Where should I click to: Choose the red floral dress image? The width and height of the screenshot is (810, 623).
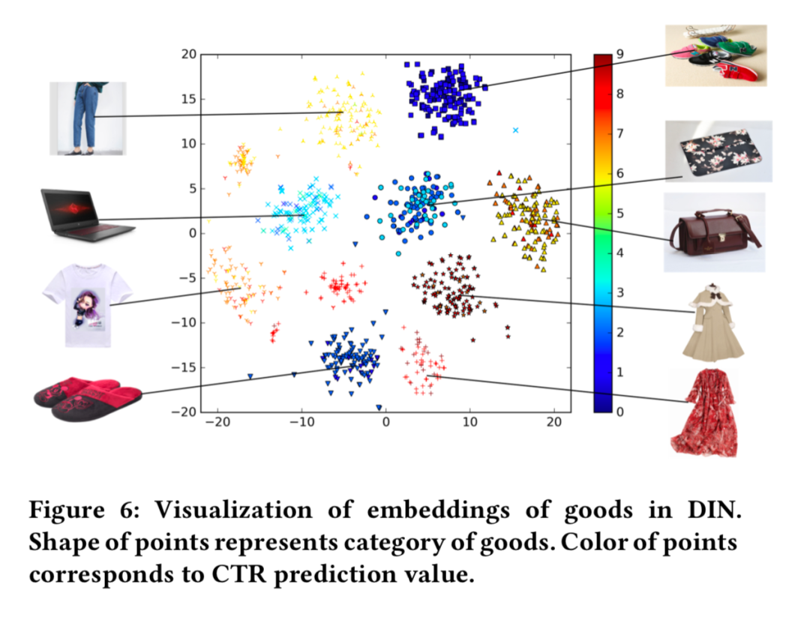(703, 412)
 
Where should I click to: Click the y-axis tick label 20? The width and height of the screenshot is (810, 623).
(187, 54)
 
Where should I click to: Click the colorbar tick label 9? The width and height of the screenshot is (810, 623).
(619, 54)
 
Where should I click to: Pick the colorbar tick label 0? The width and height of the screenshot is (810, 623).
(619, 412)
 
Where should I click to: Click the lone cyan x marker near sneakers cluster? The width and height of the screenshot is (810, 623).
(515, 130)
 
